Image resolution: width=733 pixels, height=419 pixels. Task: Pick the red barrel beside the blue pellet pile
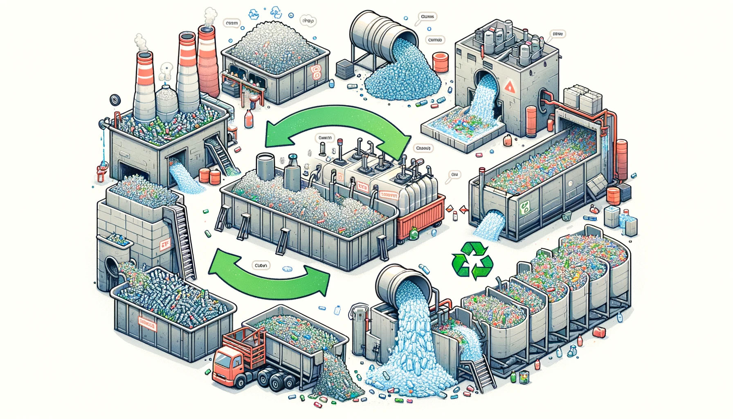[x=441, y=62]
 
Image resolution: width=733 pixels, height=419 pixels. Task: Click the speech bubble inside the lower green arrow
[x=261, y=266]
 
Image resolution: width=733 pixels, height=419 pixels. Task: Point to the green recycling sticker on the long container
[x=525, y=207]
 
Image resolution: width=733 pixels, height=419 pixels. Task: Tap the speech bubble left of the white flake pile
[x=232, y=23]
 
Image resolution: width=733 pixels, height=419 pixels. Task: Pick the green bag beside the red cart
[x=414, y=234]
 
